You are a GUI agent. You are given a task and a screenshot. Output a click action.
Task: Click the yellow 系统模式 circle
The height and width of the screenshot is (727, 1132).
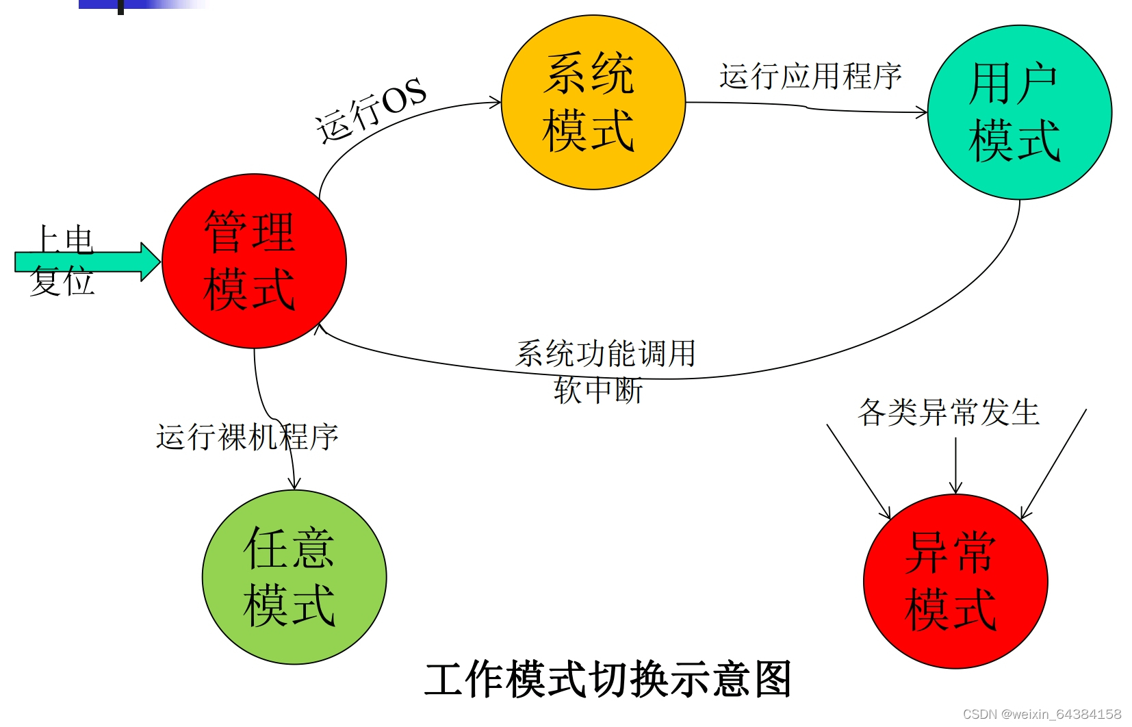(593, 103)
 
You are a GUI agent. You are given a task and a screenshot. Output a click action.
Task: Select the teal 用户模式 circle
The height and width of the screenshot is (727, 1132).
(1019, 113)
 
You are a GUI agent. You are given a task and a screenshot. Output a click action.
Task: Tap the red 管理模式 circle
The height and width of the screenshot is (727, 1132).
(254, 261)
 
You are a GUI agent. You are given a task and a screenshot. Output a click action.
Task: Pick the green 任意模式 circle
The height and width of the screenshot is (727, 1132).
(294, 577)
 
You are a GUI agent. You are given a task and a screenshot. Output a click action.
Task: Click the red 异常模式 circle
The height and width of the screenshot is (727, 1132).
(955, 581)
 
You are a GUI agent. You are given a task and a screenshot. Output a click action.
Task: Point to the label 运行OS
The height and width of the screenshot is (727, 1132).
(370, 110)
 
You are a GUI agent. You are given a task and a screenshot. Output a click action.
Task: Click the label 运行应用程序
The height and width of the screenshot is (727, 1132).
(810, 76)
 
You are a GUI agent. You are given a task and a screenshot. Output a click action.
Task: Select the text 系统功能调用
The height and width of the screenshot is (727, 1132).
(606, 354)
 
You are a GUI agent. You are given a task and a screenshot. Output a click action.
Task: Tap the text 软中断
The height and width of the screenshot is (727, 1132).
(598, 390)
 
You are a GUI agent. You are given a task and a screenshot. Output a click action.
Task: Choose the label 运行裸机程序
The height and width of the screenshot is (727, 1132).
(247, 437)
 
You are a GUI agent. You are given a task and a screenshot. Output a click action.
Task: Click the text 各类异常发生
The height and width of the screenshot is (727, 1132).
(949, 412)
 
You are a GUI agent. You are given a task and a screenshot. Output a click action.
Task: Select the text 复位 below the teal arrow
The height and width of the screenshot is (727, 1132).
(62, 283)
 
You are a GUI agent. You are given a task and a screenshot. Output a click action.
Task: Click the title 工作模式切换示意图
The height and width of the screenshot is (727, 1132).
(608, 680)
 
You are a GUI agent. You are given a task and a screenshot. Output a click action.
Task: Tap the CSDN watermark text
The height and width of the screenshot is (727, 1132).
(1042, 714)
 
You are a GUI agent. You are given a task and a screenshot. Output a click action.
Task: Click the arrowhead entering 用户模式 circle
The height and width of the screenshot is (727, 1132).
(921, 112)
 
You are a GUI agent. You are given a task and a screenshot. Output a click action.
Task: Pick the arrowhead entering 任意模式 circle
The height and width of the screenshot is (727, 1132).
(294, 483)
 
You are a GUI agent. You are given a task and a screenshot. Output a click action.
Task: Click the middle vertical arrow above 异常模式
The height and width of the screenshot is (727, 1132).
(955, 465)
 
